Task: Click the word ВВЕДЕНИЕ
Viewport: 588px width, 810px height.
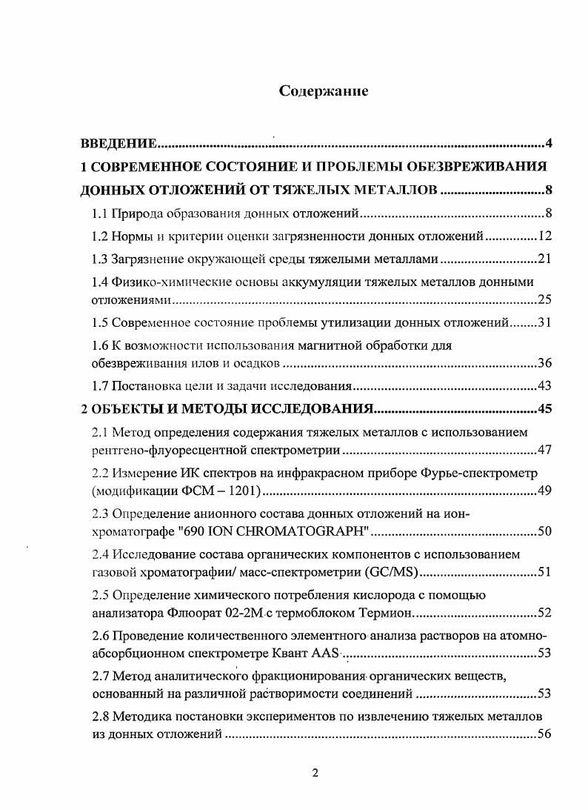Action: pos(118,144)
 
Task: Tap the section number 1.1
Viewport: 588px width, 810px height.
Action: pos(100,215)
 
